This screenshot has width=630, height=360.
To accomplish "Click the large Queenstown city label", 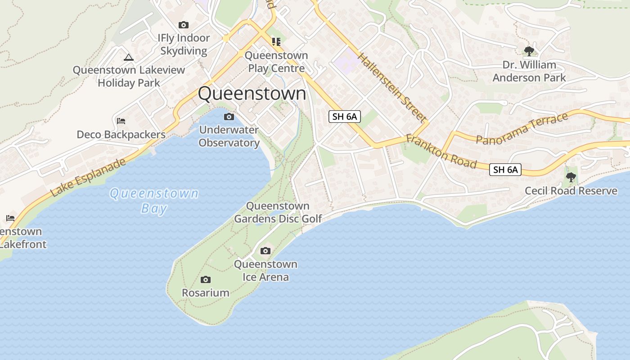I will pyautogui.click(x=252, y=94).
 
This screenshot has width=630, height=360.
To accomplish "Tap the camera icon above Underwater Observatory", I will pyautogui.click(x=229, y=117).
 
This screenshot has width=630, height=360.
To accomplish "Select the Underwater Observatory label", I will pyautogui.click(x=229, y=136).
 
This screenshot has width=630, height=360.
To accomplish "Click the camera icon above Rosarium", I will pyautogui.click(x=206, y=280).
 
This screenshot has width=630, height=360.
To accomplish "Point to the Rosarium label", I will pyautogui.click(x=205, y=292).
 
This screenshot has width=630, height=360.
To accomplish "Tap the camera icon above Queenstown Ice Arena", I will pyautogui.click(x=265, y=251).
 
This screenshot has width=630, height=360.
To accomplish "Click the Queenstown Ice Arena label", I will pyautogui.click(x=265, y=270).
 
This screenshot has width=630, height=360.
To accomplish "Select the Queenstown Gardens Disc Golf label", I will pyautogui.click(x=278, y=212).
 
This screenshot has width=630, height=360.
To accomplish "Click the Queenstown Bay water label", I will pyautogui.click(x=154, y=201).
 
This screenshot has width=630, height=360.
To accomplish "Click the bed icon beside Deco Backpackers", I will pyautogui.click(x=121, y=121).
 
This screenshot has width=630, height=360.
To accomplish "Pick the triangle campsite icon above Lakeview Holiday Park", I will pyautogui.click(x=129, y=57).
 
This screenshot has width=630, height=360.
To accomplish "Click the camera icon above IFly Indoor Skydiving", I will pyautogui.click(x=183, y=25).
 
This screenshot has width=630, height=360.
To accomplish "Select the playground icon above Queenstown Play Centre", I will pyautogui.click(x=276, y=42).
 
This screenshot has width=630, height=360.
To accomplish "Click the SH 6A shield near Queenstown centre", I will pyautogui.click(x=345, y=117).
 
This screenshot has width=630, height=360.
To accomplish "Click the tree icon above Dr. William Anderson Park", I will pyautogui.click(x=529, y=51).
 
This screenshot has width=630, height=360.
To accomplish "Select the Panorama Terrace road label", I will pyautogui.click(x=522, y=129).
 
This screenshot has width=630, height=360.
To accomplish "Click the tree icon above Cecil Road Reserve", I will pyautogui.click(x=571, y=177).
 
